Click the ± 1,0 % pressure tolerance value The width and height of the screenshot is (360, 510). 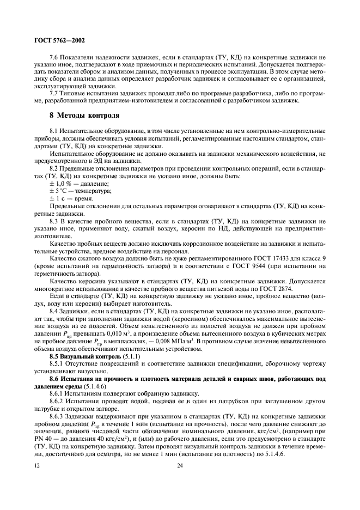tap(62, 184)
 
